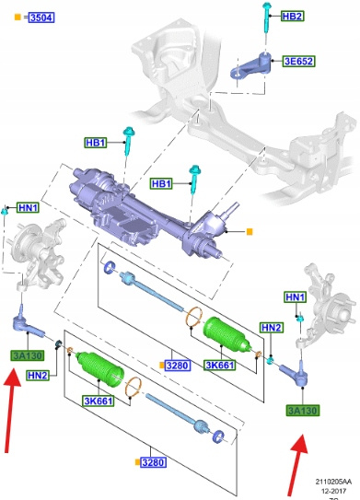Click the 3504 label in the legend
point(41,17)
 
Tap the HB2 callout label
point(293,16)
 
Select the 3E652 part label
point(299,61)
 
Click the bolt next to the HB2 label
point(266,17)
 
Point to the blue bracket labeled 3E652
point(251,66)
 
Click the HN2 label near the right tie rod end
point(271,328)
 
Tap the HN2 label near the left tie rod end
point(38,376)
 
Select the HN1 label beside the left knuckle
point(29,207)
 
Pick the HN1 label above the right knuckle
point(296,297)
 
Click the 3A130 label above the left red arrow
point(28,355)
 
